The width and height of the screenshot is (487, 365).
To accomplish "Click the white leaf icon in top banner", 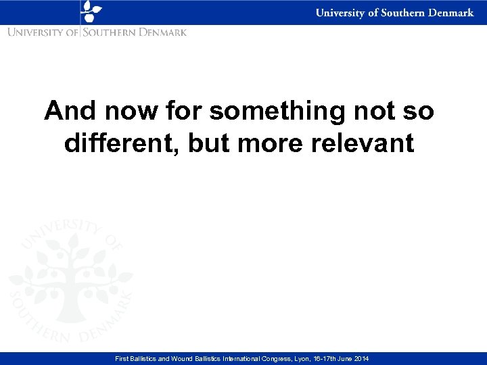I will (91, 11).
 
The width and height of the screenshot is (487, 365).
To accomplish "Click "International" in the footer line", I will (257, 358).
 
